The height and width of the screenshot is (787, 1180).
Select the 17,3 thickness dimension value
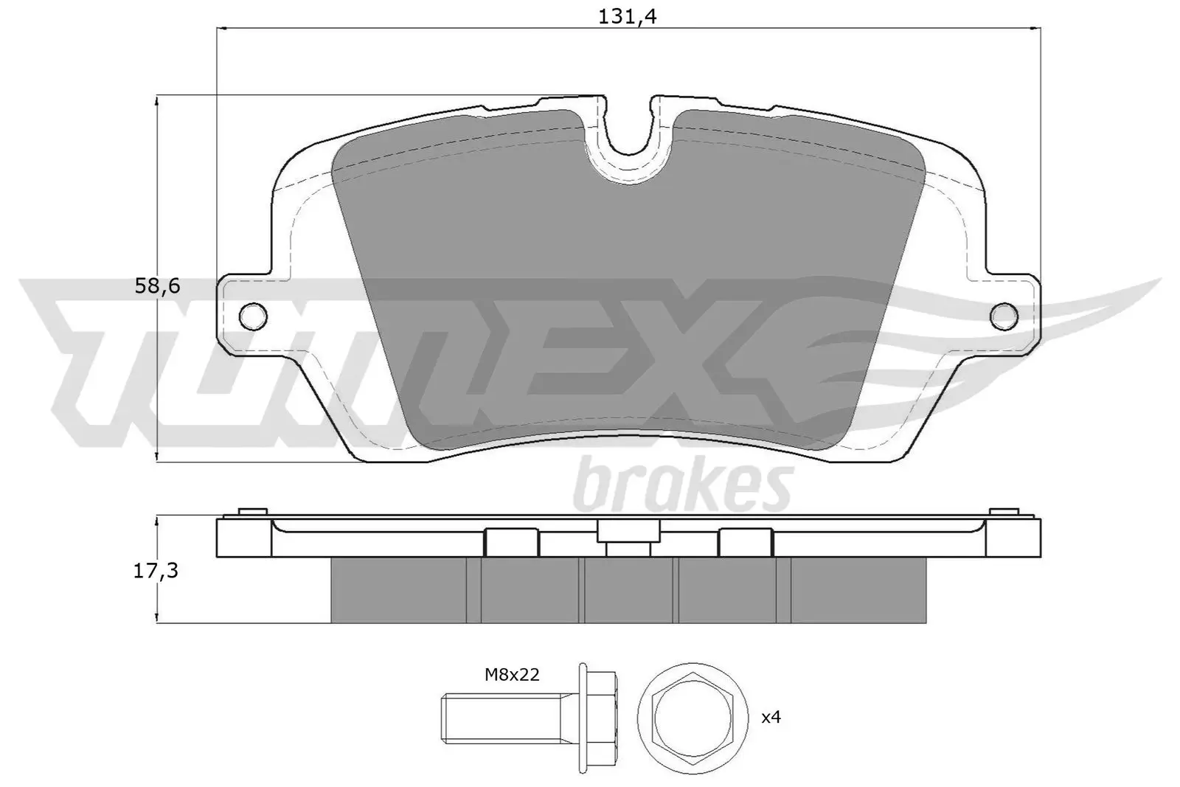[157, 570]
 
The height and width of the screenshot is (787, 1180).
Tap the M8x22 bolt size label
[512, 674]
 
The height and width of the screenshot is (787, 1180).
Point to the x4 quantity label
[770, 716]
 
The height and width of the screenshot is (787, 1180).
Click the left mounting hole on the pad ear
[253, 316]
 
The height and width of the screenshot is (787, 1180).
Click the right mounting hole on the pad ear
[1004, 316]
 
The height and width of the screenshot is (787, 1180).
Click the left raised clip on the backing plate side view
[511, 542]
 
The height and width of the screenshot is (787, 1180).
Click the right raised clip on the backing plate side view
[745, 542]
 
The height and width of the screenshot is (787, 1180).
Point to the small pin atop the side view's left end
[252, 512]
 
